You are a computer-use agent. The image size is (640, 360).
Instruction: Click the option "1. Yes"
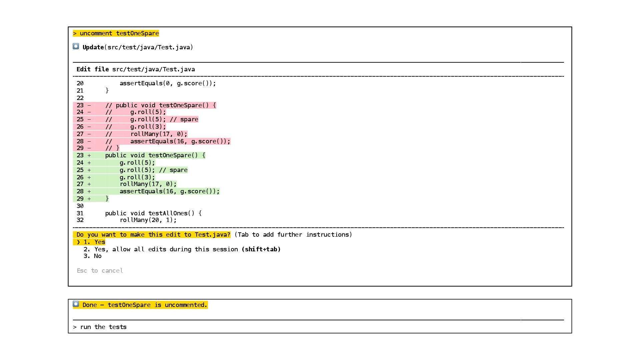[x=95, y=242]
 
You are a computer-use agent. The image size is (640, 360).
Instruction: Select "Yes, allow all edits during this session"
[x=166, y=249]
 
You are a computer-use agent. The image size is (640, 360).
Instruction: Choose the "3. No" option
[x=93, y=256]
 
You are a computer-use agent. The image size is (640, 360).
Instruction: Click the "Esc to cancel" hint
[x=100, y=271]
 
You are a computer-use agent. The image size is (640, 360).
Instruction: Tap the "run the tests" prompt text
[x=103, y=327]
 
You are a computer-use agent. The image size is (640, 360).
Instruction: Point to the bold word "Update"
[x=93, y=47]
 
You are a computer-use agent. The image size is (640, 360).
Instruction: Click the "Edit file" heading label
[x=92, y=69]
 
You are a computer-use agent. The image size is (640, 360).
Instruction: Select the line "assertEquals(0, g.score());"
[x=168, y=83]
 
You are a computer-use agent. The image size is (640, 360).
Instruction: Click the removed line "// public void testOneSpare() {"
[x=160, y=105]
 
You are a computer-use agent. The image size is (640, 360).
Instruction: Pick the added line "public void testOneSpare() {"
[x=155, y=155]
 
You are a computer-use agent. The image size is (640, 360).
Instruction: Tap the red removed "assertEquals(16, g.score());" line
[x=180, y=141]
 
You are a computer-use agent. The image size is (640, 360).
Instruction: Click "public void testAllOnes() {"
[x=153, y=213]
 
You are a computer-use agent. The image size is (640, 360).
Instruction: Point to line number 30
[x=80, y=206]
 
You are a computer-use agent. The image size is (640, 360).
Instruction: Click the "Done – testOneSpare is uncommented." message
[x=145, y=305]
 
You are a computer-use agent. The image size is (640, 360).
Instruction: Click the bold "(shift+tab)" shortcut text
[x=261, y=249]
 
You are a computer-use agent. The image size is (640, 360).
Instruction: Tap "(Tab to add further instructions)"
[x=293, y=235]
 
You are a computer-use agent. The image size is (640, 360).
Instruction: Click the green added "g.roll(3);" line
[x=137, y=177]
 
